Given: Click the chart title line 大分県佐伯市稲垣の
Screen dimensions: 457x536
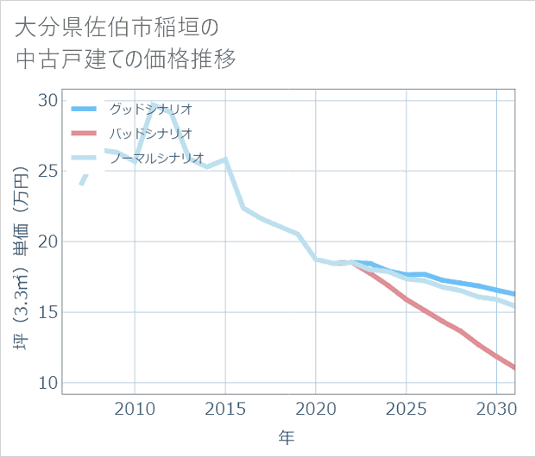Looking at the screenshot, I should pos(117,28).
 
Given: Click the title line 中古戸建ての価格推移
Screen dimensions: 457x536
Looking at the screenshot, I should pos(125,59).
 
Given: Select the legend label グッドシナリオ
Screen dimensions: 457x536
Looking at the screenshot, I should pos(150,109).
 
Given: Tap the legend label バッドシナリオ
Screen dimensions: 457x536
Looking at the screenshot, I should pos(150,134).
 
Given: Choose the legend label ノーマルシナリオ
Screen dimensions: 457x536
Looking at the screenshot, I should pos(156,158).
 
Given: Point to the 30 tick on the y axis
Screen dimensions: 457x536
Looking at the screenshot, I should pos(47,100).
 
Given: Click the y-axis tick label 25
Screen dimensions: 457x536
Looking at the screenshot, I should pos(47,171).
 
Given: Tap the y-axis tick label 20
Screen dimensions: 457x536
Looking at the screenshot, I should pos(47,241).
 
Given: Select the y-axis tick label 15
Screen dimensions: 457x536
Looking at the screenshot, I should pos(47,312).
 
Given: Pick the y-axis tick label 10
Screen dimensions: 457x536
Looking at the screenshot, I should pos(47,383).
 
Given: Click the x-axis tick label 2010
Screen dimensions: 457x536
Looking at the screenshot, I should pos(135,408).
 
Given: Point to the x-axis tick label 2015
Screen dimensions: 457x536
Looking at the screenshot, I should pos(225,408).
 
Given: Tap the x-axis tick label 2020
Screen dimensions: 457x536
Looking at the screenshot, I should pos(316,408).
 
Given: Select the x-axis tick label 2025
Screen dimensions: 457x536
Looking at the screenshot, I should pos(407,408).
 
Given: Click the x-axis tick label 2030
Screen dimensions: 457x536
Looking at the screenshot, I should pos(497,408).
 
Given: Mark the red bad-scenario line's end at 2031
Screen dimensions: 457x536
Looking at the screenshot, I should pos(514,368).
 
